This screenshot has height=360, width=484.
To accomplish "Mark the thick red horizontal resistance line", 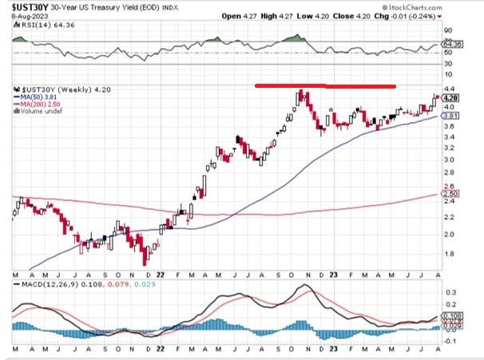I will click(324, 85).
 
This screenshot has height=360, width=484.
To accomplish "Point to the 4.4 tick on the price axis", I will click(450, 89).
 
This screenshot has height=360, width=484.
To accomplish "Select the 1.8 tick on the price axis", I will click(450, 255).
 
